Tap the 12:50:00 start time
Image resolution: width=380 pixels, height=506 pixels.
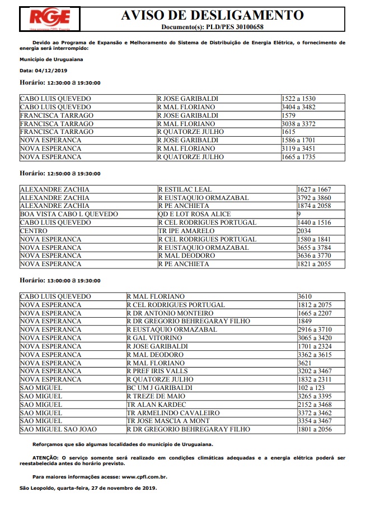tap(58, 174)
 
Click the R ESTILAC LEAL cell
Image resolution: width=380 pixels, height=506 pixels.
tap(185, 189)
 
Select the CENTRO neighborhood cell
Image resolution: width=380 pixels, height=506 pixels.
tap(34, 231)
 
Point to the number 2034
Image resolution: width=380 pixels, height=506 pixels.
tap(304, 231)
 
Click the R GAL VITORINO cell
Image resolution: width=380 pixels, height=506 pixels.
tap(154, 338)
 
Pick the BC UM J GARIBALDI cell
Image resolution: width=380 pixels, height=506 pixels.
tap(159, 388)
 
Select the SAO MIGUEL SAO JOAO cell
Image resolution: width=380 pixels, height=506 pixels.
tap(58, 429)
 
